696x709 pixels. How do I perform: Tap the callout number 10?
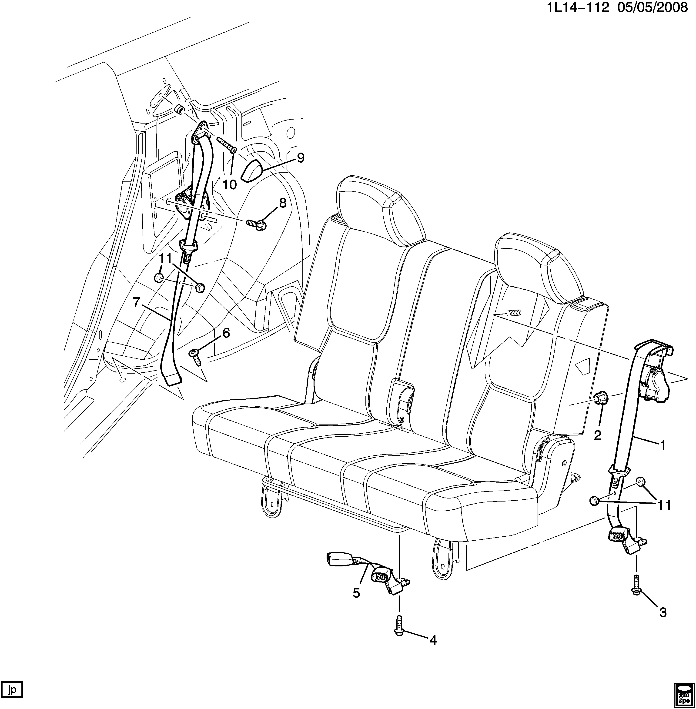click(x=230, y=185)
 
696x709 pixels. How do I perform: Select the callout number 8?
click(x=283, y=203)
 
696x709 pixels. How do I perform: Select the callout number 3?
click(x=663, y=612)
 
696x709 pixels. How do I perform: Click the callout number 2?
click(x=598, y=435)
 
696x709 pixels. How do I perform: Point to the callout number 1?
click(x=662, y=445)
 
